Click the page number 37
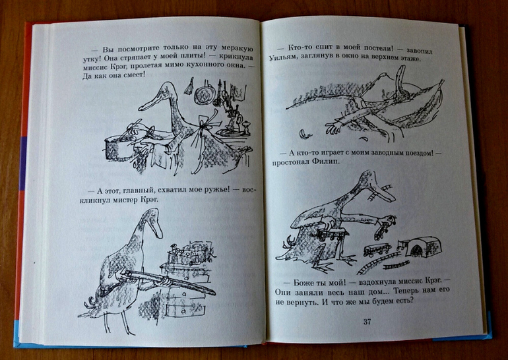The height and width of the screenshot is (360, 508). tap(367, 322)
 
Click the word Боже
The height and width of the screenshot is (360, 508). tap(305, 282)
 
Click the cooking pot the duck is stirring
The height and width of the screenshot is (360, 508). tap(119, 146)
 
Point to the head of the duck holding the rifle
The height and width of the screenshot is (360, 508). tap(152, 221)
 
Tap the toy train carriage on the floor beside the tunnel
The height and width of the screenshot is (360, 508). tap(377, 250)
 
